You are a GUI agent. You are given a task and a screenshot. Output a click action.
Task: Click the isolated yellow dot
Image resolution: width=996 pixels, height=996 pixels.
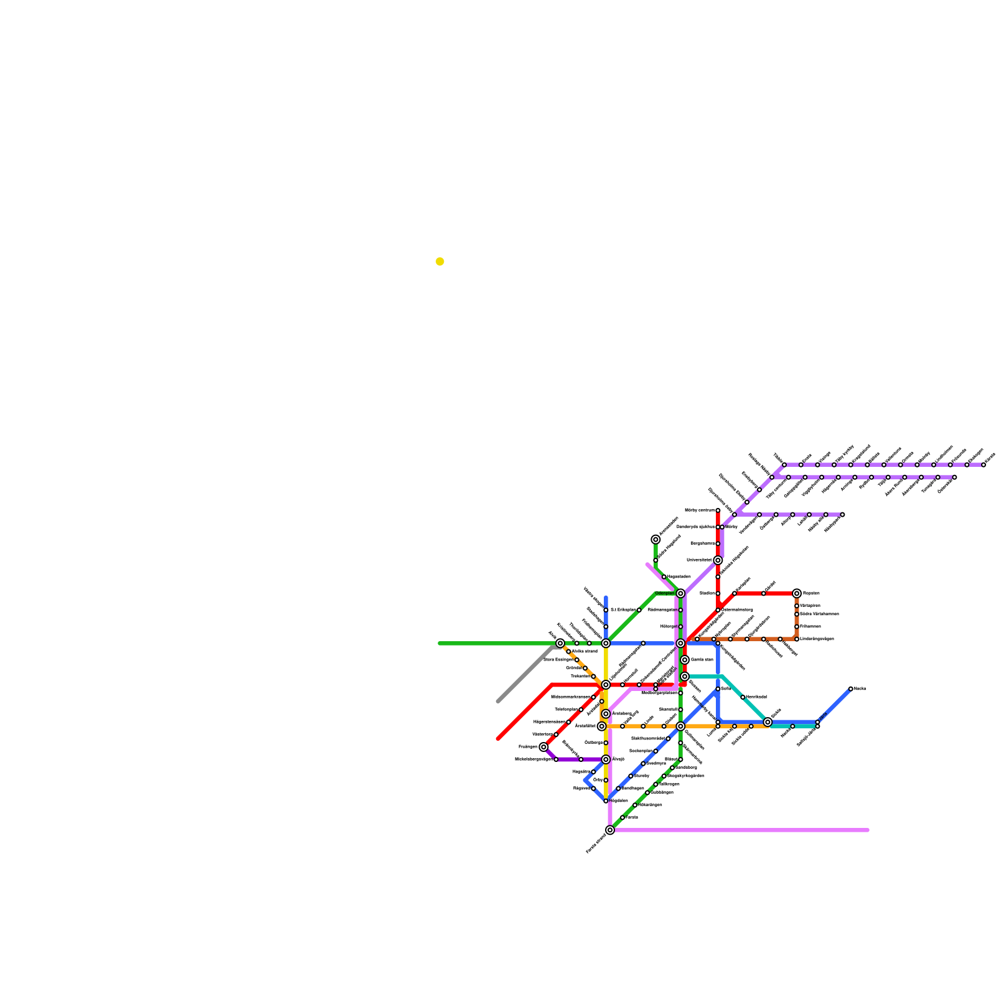pos(440,261)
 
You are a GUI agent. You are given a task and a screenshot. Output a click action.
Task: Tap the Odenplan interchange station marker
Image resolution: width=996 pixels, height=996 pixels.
pos(680,593)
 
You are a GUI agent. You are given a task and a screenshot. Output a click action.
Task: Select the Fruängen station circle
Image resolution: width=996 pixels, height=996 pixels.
pos(543,747)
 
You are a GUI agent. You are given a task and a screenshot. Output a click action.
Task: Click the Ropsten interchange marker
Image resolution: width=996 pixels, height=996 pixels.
pos(797,593)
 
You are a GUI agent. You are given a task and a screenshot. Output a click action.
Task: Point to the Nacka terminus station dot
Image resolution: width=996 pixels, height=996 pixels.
pos(851,688)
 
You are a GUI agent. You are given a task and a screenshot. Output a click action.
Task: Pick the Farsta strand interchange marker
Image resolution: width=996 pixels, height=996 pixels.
pos(610,830)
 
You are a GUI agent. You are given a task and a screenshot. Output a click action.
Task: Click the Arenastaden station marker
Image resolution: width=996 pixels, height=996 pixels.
pos(655,540)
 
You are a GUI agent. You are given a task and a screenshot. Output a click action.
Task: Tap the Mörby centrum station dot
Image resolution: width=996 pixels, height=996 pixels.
pos(718,510)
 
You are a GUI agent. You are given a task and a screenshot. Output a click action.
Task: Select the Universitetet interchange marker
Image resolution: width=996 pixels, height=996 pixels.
pos(718,560)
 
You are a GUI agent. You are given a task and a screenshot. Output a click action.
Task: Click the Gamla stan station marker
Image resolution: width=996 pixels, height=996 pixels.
pos(685,660)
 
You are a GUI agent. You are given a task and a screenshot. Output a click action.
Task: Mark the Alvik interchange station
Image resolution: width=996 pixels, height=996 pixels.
pos(560,643)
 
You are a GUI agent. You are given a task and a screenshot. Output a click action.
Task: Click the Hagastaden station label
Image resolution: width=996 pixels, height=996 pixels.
pos(679,577)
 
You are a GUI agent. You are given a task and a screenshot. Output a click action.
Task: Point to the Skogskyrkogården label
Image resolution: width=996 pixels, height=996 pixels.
pos(685,776)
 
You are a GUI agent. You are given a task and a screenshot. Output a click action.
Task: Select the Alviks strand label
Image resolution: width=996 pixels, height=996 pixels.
pos(585,651)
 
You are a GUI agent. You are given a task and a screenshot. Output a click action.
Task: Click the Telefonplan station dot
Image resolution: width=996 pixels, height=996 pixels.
pos(581,710)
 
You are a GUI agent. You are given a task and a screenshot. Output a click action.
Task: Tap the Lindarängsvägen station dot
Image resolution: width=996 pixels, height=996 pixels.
pos(797,639)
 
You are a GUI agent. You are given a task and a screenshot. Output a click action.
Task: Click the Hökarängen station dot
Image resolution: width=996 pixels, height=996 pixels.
pos(635,805)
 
